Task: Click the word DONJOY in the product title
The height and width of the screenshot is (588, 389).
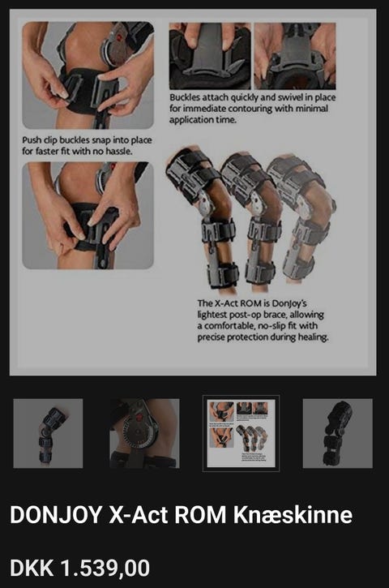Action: tap(55, 514)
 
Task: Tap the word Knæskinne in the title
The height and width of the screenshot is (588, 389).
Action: tap(293, 514)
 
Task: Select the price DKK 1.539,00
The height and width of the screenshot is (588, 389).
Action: tap(79, 568)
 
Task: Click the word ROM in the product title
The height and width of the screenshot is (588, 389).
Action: tap(200, 514)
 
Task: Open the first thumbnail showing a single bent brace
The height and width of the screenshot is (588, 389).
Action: tap(48, 434)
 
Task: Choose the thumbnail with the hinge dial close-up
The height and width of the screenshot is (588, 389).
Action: tap(144, 434)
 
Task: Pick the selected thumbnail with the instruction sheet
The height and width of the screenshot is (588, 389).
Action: tap(241, 434)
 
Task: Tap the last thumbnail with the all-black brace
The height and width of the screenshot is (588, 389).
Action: tap(338, 434)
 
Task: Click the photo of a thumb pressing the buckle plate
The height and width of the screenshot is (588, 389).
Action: tap(210, 56)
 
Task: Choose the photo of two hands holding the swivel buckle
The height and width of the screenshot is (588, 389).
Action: tap(295, 56)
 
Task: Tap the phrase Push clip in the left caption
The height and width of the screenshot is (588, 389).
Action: tap(38, 140)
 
